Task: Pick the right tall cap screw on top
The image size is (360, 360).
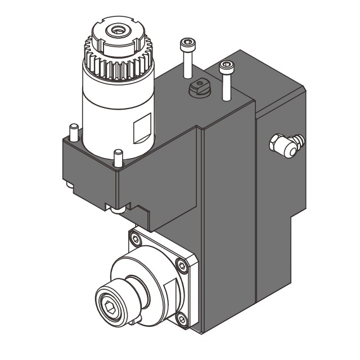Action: tap(226, 79)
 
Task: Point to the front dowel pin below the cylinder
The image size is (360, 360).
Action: tap(118, 157)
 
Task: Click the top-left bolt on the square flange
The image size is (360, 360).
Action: tap(135, 241)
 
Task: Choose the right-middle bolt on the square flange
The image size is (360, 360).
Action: tap(181, 267)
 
